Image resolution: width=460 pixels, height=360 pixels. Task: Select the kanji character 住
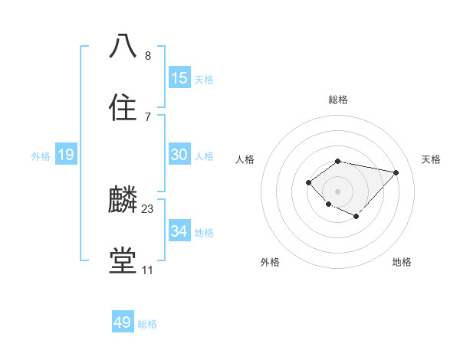click(x=123, y=108)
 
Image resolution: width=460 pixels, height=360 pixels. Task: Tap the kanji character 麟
click(x=123, y=200)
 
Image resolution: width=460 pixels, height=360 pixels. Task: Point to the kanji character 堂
click(x=123, y=261)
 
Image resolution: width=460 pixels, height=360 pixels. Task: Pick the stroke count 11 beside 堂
click(x=147, y=270)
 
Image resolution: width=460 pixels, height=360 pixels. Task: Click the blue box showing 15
click(x=179, y=78)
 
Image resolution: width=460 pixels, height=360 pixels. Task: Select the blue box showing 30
click(x=179, y=155)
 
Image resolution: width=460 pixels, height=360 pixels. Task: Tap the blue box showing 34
click(x=179, y=231)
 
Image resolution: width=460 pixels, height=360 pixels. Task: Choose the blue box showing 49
click(x=123, y=322)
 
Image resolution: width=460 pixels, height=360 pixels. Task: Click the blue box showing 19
click(x=66, y=155)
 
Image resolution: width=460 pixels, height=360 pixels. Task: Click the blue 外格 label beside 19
click(x=41, y=156)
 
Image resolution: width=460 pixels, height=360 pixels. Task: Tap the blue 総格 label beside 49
click(x=147, y=324)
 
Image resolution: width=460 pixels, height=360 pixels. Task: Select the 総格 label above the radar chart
click(x=338, y=100)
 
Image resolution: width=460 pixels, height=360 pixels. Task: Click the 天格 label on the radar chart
click(x=431, y=159)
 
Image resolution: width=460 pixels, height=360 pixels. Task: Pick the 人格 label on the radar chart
click(x=245, y=159)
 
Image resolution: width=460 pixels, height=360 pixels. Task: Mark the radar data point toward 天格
click(x=396, y=172)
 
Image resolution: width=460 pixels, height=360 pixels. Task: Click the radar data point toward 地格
click(x=356, y=217)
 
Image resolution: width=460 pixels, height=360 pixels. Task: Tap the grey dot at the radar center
click(x=338, y=191)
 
